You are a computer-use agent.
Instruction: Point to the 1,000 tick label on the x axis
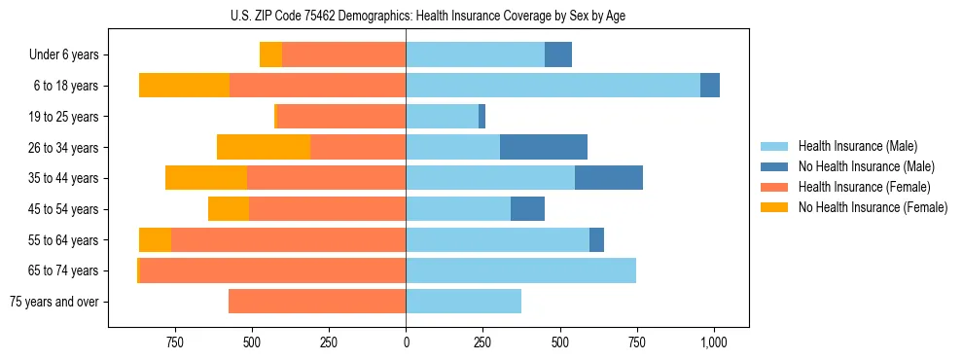[714, 342]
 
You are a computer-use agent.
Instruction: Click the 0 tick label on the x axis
[406, 342]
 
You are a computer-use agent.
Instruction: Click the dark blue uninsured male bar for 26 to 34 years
[543, 147]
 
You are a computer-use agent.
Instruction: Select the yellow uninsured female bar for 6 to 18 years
[184, 86]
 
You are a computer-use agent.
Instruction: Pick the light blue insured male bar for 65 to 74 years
[520, 270]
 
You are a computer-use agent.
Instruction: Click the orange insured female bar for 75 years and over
[317, 302]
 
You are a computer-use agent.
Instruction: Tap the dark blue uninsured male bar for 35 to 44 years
[608, 178]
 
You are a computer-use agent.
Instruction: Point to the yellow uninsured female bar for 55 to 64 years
[155, 239]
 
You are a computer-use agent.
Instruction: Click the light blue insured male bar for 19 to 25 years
[442, 117]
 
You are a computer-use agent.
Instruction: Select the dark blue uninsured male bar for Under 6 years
[557, 54]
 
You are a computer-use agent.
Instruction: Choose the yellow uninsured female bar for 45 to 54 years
[229, 209]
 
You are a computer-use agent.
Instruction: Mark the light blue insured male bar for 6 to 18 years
[553, 86]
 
